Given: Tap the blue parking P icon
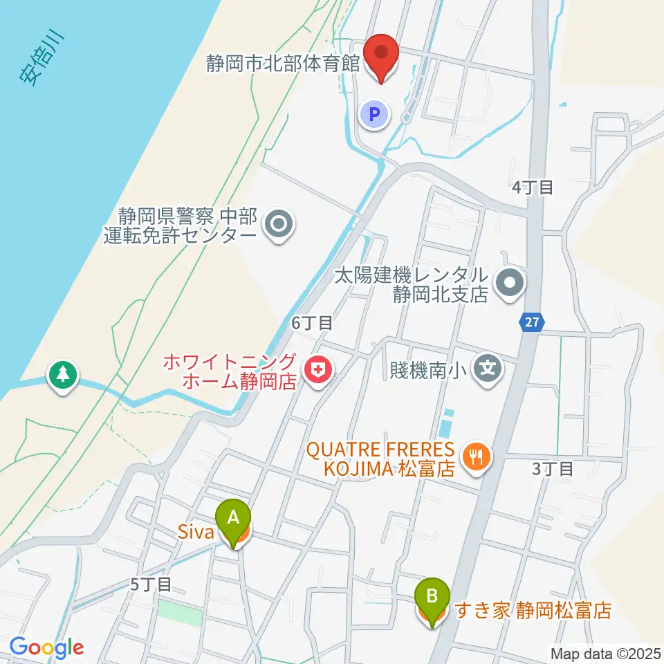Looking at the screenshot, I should pyautogui.click(x=375, y=114).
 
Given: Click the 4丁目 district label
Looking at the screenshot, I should pyautogui.click(x=533, y=187).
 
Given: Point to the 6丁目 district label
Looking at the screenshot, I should pyautogui.click(x=312, y=322).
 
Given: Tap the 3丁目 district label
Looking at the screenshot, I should pyautogui.click(x=553, y=468).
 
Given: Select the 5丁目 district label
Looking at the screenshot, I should pyautogui.click(x=151, y=584).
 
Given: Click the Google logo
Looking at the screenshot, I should pyautogui.click(x=47, y=647).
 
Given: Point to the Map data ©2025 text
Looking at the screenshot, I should pyautogui.click(x=606, y=653).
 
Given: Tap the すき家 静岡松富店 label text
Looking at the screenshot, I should pyautogui.click(x=533, y=611).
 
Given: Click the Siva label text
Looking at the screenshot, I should pyautogui.click(x=197, y=533).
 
